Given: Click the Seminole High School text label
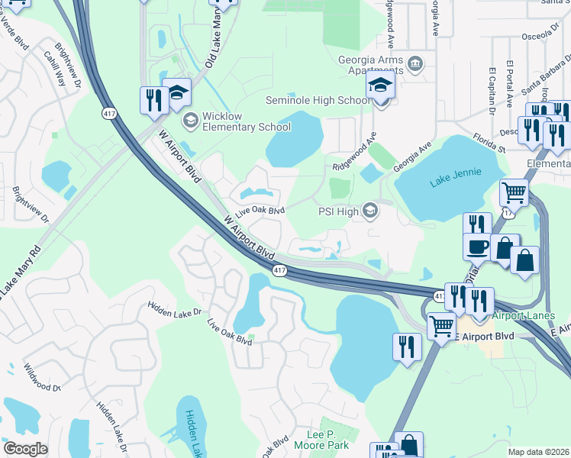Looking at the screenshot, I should click(x=318, y=100).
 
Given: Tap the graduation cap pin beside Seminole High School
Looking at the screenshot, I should click(x=379, y=88).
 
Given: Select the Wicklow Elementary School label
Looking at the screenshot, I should click(x=237, y=121).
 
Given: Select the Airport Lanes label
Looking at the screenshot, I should click(x=524, y=314).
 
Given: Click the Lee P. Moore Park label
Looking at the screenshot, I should click(x=322, y=438).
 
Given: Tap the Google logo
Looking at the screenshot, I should click(x=25, y=449).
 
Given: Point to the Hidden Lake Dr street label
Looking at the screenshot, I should click(x=176, y=311).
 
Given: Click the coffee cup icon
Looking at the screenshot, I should click(x=478, y=247).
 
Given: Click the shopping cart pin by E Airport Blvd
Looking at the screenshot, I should click(x=442, y=327).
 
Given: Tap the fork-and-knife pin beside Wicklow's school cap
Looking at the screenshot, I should click(x=153, y=101).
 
